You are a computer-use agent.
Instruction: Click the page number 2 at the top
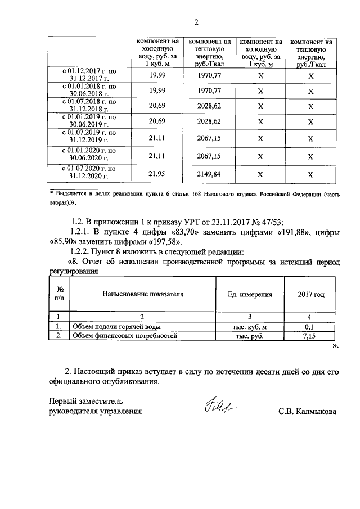196,23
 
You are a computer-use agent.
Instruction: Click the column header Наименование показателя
142,294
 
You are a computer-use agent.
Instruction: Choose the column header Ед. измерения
250,294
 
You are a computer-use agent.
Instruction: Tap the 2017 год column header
311,294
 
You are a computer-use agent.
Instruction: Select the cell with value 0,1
311,327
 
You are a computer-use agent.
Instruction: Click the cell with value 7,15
311,336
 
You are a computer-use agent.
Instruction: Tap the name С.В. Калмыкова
307,411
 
